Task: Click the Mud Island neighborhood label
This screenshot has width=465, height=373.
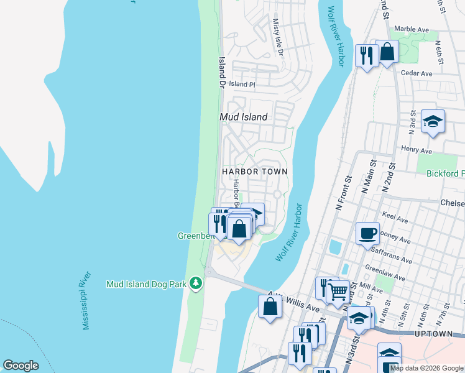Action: [244, 117]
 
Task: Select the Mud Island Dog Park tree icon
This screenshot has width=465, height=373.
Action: [196, 283]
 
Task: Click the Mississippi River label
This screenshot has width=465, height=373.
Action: [86, 300]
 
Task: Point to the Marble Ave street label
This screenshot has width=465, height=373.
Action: [412, 29]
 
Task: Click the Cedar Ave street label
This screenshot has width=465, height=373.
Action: [417, 73]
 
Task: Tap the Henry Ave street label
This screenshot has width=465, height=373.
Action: [417, 150]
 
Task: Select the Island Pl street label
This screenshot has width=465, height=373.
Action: [242, 84]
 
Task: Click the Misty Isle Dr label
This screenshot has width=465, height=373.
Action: [277, 37]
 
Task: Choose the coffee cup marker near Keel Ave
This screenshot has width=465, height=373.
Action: [367, 233]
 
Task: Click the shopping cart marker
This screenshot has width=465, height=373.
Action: [338, 290]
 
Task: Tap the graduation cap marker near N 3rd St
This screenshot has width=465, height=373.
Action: [433, 121]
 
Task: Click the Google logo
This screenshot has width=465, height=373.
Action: [21, 366]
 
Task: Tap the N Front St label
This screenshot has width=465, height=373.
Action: [344, 195]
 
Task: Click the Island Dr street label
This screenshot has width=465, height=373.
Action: [222, 71]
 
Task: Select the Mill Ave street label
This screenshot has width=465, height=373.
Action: [371, 289]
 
